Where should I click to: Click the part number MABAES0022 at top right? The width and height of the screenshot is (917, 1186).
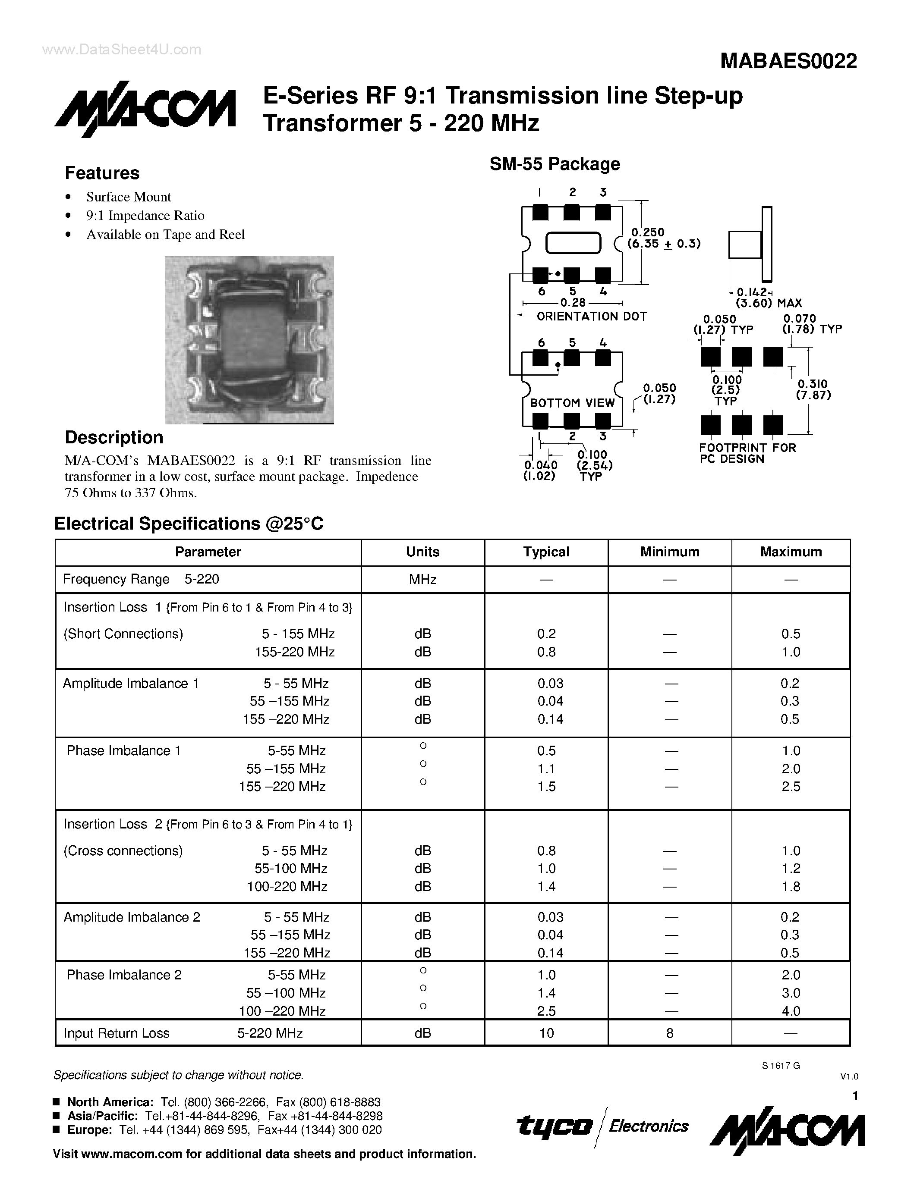point(788,61)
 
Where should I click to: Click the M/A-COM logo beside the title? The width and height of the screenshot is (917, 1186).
point(145,109)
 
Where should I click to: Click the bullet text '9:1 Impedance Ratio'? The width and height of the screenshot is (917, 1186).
point(145,216)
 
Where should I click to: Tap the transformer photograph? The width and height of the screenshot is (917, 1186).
point(249,340)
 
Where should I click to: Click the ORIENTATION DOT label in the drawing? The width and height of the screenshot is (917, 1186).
point(592,316)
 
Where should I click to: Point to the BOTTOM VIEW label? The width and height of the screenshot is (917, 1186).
point(572,403)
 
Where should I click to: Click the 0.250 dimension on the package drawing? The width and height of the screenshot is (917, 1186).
point(648,232)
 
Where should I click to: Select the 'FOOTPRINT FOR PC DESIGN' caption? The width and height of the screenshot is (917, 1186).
point(747,453)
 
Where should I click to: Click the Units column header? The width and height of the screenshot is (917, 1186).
point(422,552)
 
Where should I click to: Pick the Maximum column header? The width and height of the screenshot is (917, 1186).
point(791,552)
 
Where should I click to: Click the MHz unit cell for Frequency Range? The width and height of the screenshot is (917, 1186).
point(422,580)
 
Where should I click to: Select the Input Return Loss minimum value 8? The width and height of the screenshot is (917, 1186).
point(669,1033)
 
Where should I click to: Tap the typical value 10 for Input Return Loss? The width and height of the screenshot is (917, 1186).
point(546,1033)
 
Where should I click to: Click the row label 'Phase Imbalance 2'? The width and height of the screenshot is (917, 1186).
point(124,975)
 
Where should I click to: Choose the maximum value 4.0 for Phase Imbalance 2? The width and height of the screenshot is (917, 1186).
point(791,1010)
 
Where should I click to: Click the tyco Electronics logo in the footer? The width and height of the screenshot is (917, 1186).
point(602,1126)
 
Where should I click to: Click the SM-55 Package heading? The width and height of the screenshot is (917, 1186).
point(554,163)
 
